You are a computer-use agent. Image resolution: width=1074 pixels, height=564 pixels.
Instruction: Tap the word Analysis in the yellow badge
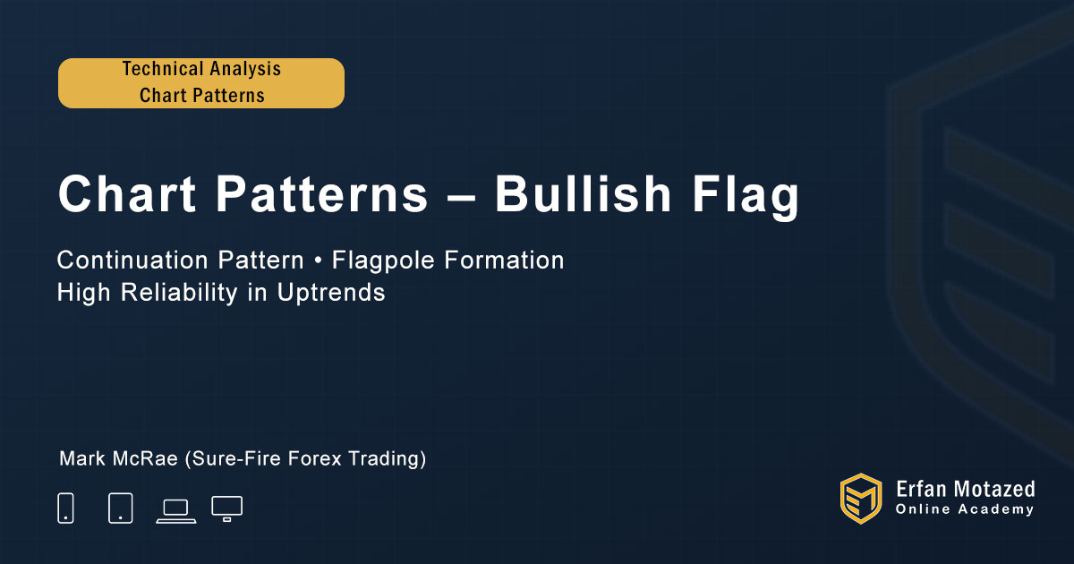pos(245,70)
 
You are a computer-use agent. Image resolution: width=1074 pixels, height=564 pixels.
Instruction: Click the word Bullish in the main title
pos(583,193)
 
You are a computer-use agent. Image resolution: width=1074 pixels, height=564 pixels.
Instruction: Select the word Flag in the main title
pos(746,197)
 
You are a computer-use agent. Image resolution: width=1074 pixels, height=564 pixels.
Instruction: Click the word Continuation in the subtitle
pos(132,260)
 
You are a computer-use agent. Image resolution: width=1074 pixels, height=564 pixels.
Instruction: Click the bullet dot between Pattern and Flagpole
pos(318,261)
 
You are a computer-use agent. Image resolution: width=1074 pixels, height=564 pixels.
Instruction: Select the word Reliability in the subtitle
pos(179,293)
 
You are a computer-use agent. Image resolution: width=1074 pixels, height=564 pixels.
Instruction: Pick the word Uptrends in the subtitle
pos(331,293)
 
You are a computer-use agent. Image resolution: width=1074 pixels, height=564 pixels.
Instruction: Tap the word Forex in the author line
pos(315,458)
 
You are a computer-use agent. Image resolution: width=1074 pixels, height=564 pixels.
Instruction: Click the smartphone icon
pos(65,508)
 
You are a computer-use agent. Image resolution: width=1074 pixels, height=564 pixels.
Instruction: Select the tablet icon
pos(120,508)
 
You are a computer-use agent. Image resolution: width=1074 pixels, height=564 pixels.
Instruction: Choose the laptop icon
pos(176,511)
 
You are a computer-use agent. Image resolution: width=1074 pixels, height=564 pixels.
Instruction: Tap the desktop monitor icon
pos(226,508)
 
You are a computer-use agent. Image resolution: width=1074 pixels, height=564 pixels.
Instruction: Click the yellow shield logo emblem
pos(861,499)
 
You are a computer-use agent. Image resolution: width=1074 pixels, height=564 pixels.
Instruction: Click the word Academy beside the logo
pos(995,509)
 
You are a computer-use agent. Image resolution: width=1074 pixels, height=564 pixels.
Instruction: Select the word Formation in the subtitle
pos(504,260)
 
